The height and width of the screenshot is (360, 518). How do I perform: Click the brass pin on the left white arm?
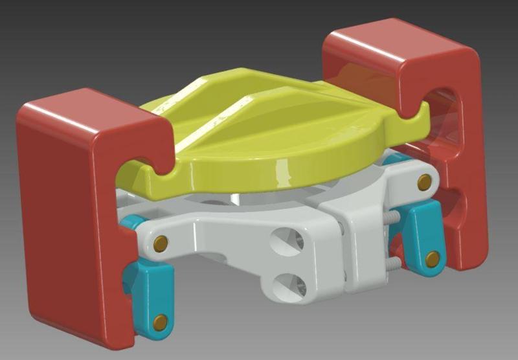tap(161, 243)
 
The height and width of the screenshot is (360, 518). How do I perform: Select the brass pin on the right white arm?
tap(424, 183)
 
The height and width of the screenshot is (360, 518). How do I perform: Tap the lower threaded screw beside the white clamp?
tap(392, 263)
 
